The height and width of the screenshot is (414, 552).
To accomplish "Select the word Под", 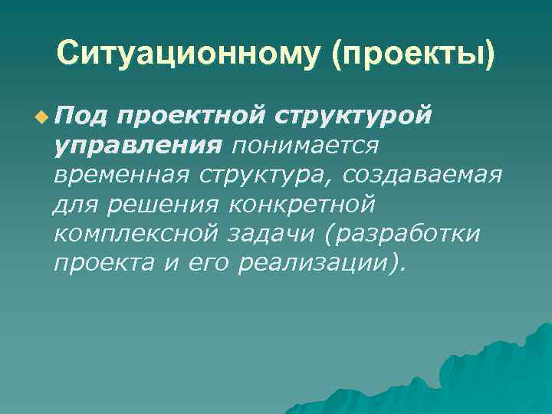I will [79, 114].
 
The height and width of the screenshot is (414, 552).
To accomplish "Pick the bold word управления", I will [138, 144].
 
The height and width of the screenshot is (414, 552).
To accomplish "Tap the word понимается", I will [306, 144].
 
